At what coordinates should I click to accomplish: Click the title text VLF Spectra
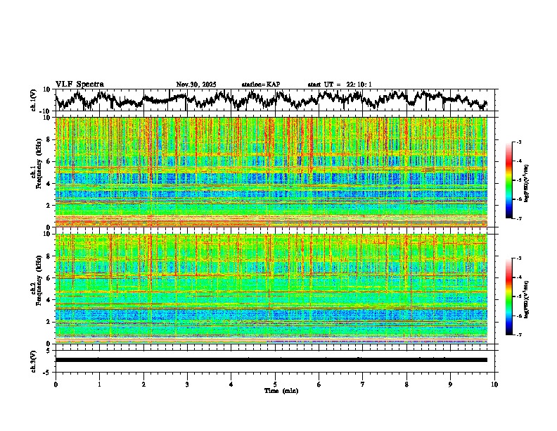tap(79, 84)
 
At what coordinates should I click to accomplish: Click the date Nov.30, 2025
tap(196, 85)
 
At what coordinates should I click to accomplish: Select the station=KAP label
tap(261, 85)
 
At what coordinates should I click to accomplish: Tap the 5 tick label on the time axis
tap(275, 385)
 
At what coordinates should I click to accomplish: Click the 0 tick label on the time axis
tap(56, 385)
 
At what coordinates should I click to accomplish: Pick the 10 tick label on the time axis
tap(494, 385)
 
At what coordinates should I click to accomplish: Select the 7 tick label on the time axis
tap(363, 385)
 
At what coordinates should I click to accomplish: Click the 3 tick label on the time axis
tap(187, 385)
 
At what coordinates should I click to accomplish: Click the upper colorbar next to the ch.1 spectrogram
tap(508, 180)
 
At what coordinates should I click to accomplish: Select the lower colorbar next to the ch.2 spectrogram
tap(508, 296)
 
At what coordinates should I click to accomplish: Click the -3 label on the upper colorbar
tap(518, 142)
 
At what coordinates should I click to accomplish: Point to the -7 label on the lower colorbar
tap(518, 335)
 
